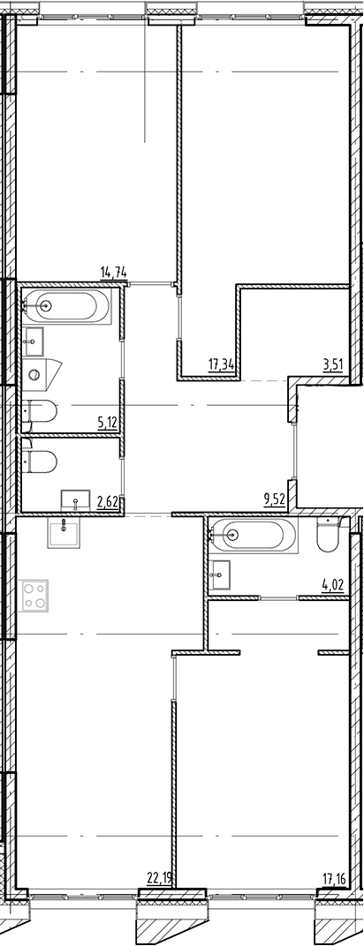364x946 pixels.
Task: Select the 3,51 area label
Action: [x=332, y=363]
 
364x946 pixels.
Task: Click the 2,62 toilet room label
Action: [x=109, y=503]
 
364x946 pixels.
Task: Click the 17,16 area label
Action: [x=334, y=877]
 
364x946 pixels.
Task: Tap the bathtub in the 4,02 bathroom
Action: [x=253, y=533]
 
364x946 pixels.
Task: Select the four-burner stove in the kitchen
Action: [x=34, y=595]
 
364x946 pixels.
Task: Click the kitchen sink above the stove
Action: [x=64, y=533]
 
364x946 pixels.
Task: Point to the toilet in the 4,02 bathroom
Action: [x=328, y=535]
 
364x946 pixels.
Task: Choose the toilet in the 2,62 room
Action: [x=41, y=462]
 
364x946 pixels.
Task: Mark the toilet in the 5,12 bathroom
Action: [x=41, y=410]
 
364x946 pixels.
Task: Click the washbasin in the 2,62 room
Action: [x=76, y=500]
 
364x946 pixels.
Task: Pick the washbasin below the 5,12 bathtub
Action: [x=35, y=339]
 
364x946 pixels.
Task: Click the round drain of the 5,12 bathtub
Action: [x=46, y=306]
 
